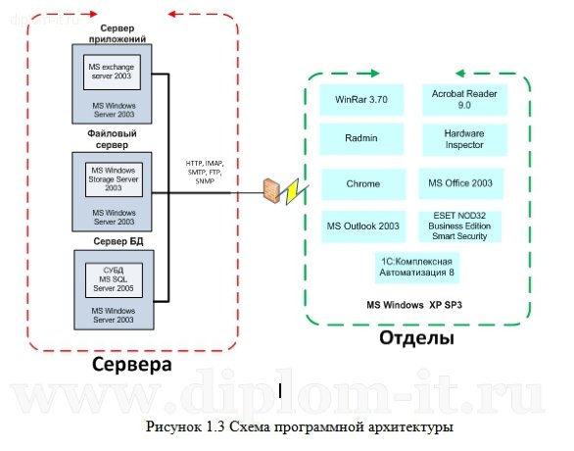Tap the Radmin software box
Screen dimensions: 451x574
(362, 139)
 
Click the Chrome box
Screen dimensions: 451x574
(362, 183)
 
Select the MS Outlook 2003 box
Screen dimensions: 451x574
(362, 225)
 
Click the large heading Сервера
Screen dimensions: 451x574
(131, 365)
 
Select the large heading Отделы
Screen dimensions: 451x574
(416, 339)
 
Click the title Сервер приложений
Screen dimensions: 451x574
(115, 32)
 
